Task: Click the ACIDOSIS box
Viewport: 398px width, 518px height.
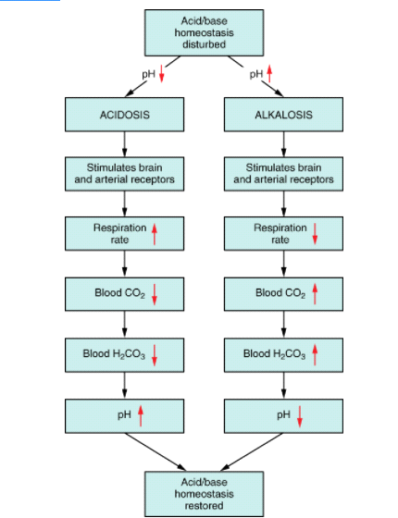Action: pyautogui.click(x=125, y=115)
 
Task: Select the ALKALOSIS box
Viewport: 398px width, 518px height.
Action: pyautogui.click(x=283, y=115)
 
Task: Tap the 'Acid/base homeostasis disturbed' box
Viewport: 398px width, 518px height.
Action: pyautogui.click(x=204, y=32)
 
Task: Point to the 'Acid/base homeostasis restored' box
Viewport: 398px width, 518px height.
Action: pyautogui.click(x=204, y=494)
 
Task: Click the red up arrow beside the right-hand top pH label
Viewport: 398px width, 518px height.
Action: pyautogui.click(x=269, y=74)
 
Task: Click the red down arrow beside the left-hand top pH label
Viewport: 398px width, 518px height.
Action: pyautogui.click(x=162, y=74)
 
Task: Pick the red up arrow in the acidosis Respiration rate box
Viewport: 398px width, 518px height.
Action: pyautogui.click(x=155, y=234)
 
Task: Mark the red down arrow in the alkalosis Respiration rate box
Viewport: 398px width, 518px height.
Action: pyautogui.click(x=315, y=234)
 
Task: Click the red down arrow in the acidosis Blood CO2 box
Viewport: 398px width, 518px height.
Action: pyautogui.click(x=155, y=294)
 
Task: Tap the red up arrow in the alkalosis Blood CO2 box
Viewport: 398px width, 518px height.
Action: pyautogui.click(x=315, y=294)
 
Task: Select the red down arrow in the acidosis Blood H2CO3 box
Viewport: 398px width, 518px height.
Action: pyautogui.click(x=155, y=355)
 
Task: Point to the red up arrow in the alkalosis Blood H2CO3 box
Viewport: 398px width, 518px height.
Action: pyautogui.click(x=315, y=354)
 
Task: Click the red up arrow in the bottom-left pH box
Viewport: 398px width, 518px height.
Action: pyautogui.click(x=141, y=416)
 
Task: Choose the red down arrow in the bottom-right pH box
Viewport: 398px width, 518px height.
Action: pyautogui.click(x=300, y=416)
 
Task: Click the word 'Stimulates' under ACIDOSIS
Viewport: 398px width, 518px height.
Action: pyautogui.click(x=106, y=167)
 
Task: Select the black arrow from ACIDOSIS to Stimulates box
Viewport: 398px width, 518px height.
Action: pyautogui.click(x=125, y=144)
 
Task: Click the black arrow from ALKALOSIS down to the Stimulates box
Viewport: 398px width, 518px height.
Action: pyautogui.click(x=283, y=144)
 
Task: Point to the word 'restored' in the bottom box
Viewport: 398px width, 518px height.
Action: pyautogui.click(x=204, y=505)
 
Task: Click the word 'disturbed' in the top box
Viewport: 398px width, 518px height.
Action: pyautogui.click(x=205, y=44)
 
